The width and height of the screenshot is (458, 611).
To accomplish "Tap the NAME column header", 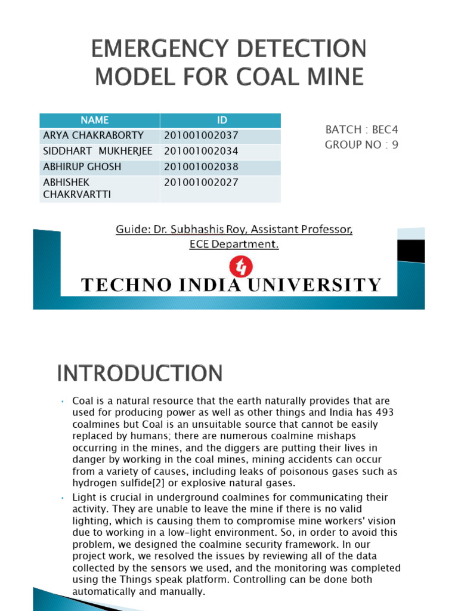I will tap(99, 121).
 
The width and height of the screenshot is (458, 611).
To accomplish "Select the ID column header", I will tap(221, 121).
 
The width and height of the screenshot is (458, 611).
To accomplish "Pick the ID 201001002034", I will tap(200, 151).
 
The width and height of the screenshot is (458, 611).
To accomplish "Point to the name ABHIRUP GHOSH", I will tap(82, 166).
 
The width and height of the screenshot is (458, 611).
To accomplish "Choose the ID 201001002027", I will tap(200, 183).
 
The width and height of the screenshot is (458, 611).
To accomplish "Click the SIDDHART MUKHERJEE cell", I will tap(97, 151).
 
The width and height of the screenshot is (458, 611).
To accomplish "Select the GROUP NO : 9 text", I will tap(361, 144).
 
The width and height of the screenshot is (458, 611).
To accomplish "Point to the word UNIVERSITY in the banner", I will tap(326, 285).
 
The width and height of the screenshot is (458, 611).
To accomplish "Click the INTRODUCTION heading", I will tap(140, 374).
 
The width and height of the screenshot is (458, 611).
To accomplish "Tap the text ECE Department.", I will tap(234, 244).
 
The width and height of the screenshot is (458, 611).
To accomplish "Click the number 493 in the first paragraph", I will tap(384, 413).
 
